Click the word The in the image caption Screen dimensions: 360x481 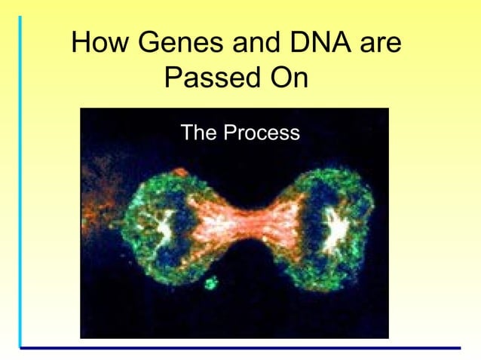(198, 133)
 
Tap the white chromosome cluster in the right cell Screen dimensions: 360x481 (335, 227)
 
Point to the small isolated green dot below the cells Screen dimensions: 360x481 (210, 283)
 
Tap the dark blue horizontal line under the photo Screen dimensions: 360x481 (241, 348)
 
